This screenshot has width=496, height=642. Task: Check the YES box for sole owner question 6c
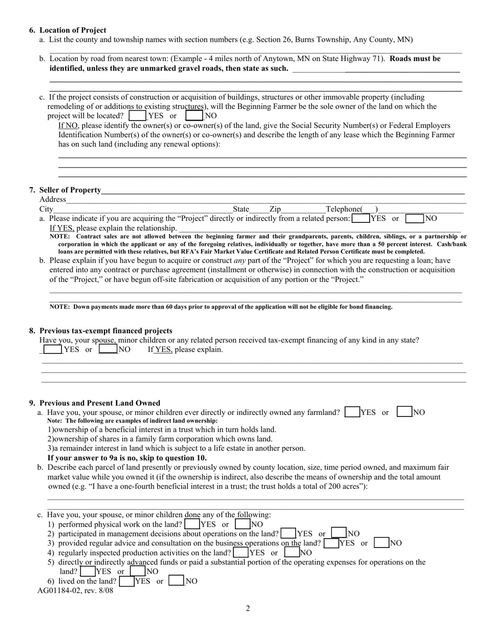137,115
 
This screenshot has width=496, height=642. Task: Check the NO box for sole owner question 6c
194,115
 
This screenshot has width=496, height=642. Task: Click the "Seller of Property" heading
70,190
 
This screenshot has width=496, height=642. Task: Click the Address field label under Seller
53,199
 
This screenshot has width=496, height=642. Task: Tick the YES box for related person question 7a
361,219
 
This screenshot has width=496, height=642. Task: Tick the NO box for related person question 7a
415,219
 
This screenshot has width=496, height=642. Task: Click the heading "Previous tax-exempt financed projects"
105,331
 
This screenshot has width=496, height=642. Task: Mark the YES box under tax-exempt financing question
52,349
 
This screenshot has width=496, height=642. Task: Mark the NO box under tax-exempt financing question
108,349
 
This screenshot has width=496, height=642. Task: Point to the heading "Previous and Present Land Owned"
100,403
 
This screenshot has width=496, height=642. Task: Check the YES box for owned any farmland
352,412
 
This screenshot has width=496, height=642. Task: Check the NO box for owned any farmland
405,412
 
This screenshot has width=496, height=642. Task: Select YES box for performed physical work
192,524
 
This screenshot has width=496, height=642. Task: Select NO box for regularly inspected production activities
292,552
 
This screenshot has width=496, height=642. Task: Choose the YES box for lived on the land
126,581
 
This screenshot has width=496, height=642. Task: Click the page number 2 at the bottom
248,608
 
